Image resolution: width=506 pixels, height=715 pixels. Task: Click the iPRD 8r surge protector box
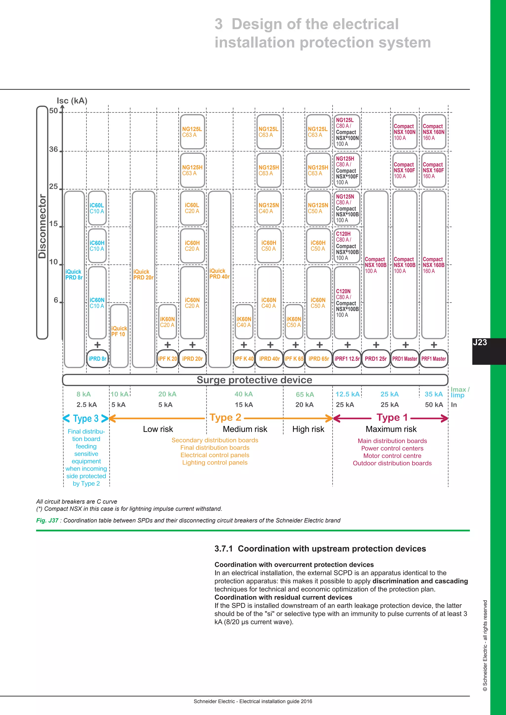coord(98,359)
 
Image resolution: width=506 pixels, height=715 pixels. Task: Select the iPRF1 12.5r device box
coord(347,359)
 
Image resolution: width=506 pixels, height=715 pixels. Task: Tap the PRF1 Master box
coord(433,359)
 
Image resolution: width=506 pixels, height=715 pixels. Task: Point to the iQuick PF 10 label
coord(119,331)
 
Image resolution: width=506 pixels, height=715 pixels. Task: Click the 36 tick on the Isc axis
coord(54,149)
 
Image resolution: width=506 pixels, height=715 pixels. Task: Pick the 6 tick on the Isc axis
coord(56,300)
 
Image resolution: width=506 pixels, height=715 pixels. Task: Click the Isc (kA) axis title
coord(72,101)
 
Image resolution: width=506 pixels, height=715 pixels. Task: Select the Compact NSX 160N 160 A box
coord(433,132)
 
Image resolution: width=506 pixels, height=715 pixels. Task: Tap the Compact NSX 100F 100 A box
coord(404,170)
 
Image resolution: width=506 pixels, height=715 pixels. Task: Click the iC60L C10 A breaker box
coord(97,208)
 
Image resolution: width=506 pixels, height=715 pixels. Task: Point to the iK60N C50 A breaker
coord(294,322)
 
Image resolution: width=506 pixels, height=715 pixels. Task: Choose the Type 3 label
coord(86,418)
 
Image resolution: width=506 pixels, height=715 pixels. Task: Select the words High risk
coord(308,429)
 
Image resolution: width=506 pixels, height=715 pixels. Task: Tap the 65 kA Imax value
coord(305,395)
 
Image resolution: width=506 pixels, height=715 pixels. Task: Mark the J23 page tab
coord(480,342)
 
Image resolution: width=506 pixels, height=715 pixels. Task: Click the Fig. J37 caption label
coord(47,520)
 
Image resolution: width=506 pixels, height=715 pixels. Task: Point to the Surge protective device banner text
coord(254,380)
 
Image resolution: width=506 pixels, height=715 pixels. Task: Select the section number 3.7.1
coord(223,549)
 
